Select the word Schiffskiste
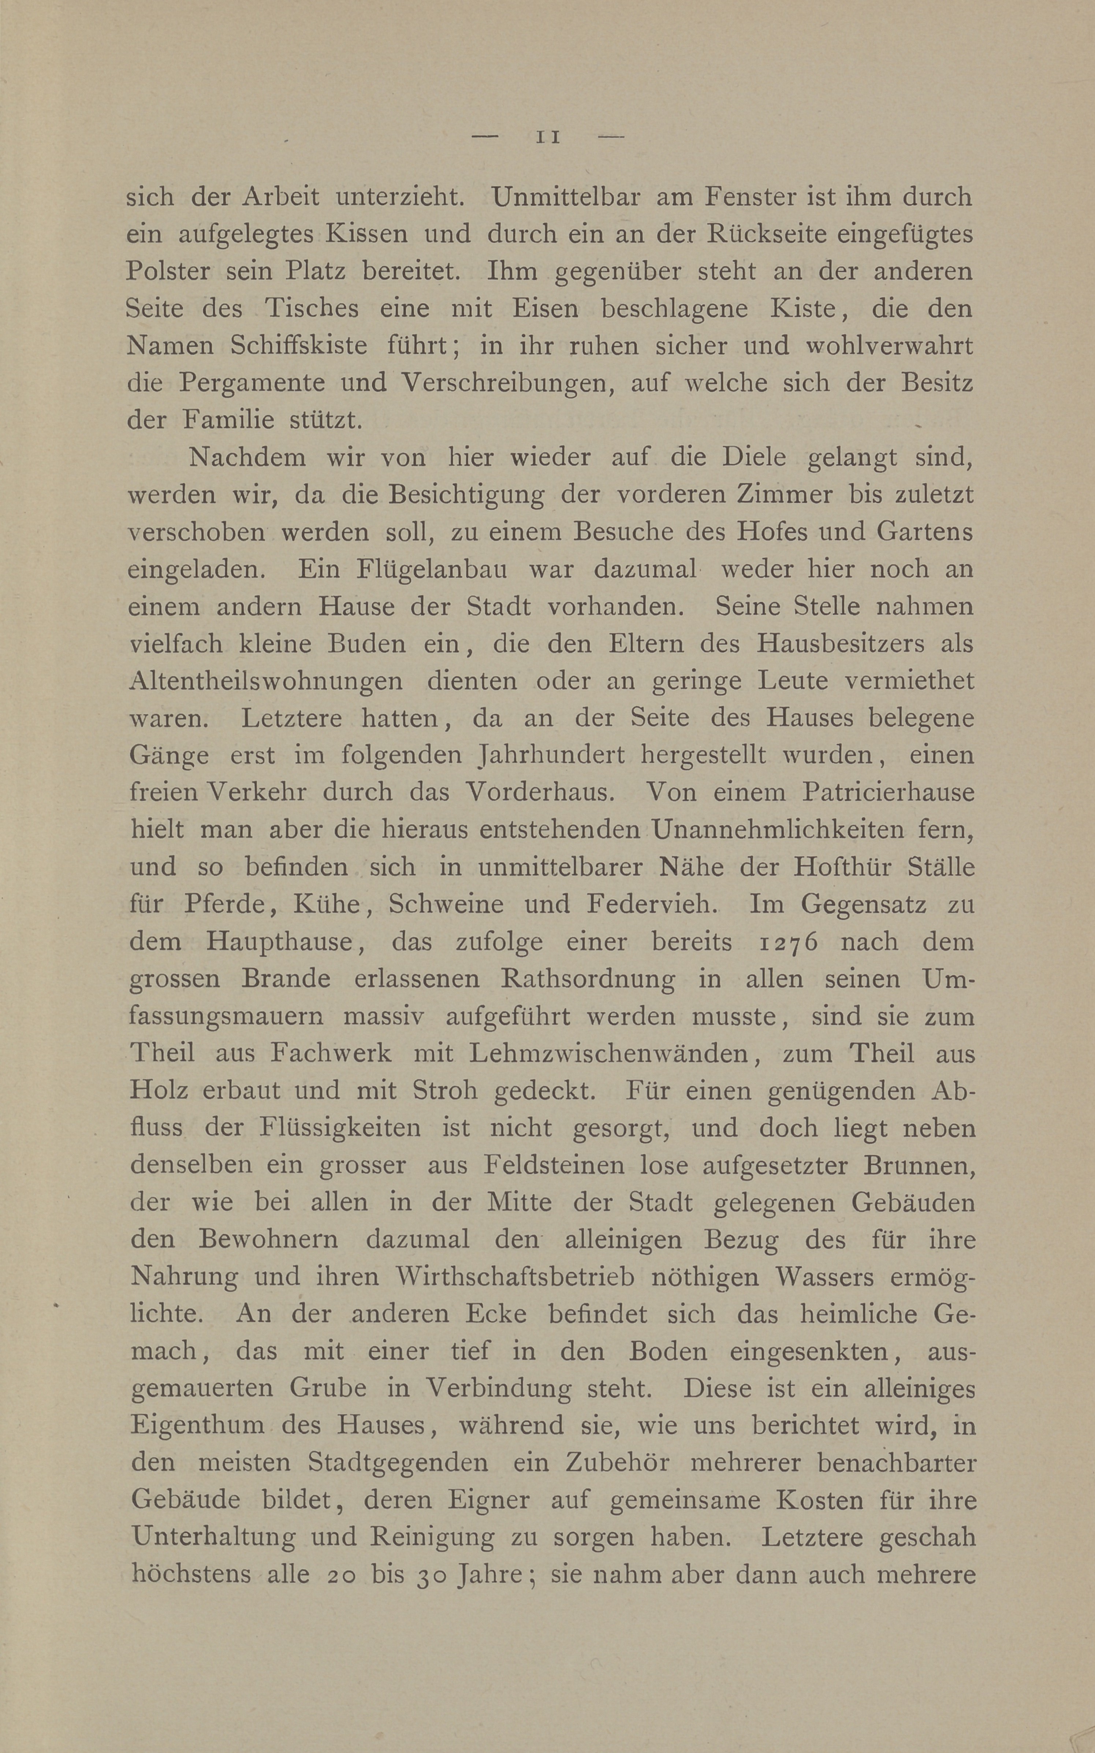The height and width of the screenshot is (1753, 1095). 298,345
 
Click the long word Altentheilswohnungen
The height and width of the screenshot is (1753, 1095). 266,681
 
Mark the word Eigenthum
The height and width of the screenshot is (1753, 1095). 198,1425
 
